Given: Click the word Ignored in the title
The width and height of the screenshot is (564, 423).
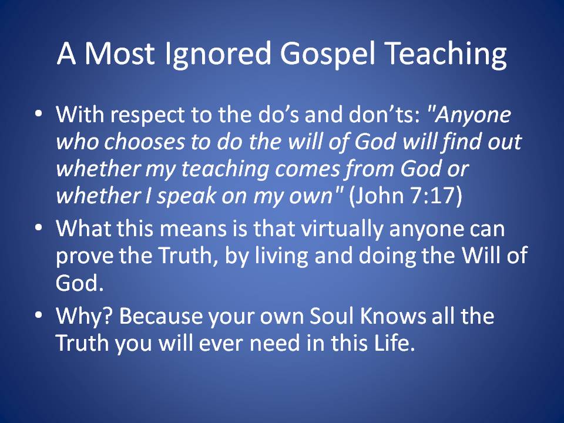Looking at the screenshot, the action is pos(217,54).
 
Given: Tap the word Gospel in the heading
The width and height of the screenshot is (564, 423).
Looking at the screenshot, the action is pos(327,54).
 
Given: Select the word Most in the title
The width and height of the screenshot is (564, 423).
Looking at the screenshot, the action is pos(119,53).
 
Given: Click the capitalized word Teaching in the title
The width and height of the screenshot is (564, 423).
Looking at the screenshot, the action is pos(445,54).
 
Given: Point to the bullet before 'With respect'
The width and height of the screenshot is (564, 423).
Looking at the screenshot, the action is pos(39,113).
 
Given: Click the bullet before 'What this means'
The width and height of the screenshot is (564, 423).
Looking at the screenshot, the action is pos(39,228).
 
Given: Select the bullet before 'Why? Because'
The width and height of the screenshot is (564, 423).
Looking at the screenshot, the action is pos(39,315).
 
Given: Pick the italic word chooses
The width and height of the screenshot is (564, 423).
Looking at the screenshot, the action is pos(144,141).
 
